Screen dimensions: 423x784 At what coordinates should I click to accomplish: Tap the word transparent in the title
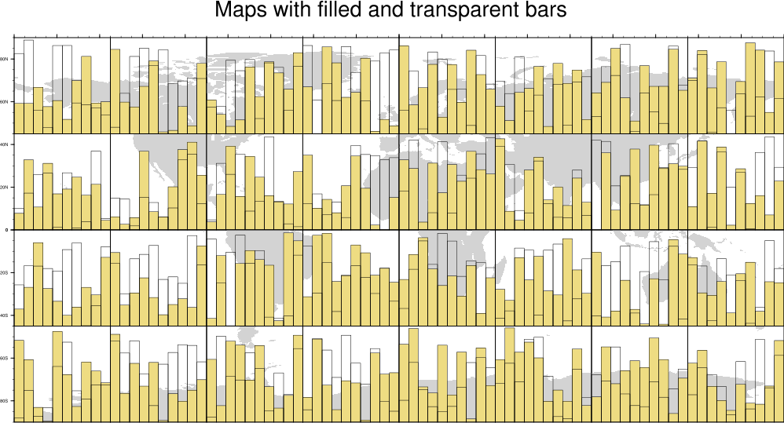point(463,12)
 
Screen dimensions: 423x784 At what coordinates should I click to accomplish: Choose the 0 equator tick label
point(7,230)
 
